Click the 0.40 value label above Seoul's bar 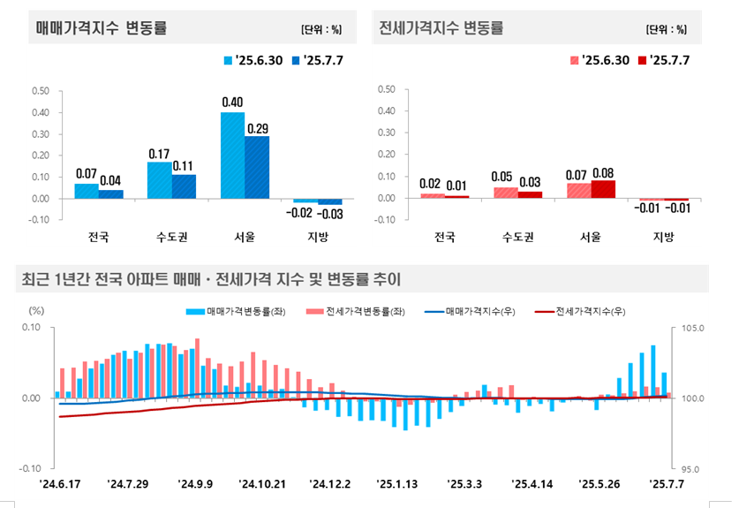pyautogui.click(x=232, y=102)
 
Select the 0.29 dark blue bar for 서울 pyautogui.click(x=257, y=167)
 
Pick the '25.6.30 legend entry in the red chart pyautogui.click(x=599, y=60)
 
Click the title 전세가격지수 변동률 pyautogui.click(x=441, y=28)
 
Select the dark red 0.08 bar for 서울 pyautogui.click(x=603, y=189)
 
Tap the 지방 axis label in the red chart pyautogui.click(x=663, y=237)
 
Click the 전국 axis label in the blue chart pyautogui.click(x=99, y=237)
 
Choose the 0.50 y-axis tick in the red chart pyautogui.click(x=386, y=90)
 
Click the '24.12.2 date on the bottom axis pyautogui.click(x=329, y=483)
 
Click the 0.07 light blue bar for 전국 pyautogui.click(x=87, y=191)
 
